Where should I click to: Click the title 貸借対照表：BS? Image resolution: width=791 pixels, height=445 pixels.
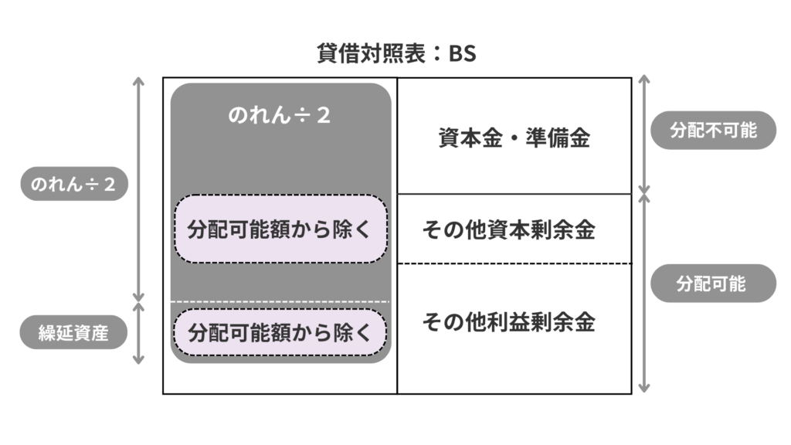395,55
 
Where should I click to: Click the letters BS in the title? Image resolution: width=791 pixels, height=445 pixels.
462,55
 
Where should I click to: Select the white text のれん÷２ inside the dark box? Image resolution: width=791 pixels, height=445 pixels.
280,116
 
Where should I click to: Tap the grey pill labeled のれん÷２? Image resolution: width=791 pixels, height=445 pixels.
74,185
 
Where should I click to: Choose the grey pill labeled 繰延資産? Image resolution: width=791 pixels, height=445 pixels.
74,333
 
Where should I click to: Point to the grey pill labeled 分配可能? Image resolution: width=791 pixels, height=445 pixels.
712,284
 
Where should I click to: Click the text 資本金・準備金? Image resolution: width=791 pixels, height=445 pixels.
514,138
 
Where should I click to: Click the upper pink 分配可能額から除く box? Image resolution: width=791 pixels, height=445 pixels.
280,229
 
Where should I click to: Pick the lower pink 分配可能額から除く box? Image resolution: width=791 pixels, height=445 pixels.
280,333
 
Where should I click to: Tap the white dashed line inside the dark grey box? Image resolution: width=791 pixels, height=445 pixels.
280,301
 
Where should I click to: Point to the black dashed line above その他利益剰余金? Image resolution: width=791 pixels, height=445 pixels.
514,263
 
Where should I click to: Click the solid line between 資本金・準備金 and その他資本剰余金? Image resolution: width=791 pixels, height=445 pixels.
514,194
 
